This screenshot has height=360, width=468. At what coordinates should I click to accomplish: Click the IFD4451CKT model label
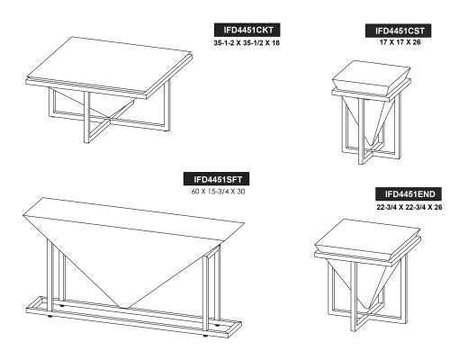click(x=247, y=30)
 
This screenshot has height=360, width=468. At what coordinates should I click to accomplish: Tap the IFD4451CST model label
click(x=398, y=31)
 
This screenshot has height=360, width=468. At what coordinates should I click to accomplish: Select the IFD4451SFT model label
click(x=217, y=179)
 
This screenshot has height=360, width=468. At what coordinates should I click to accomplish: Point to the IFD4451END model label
click(x=409, y=193)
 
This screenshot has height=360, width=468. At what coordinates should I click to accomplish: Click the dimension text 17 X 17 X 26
click(x=400, y=42)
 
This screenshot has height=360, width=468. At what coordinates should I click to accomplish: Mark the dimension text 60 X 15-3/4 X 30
click(x=218, y=191)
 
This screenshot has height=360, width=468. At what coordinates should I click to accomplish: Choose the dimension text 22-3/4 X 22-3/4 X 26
click(x=409, y=207)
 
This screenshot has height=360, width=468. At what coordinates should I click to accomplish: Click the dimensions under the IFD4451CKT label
click(x=247, y=42)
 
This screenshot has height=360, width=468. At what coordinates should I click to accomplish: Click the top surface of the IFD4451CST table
click(x=371, y=74)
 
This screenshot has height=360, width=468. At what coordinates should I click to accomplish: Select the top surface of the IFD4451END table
click(x=368, y=235)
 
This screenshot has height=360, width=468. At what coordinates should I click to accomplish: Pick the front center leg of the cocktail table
click(x=86, y=117)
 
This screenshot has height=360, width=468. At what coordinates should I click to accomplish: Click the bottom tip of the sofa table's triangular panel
click(x=123, y=308)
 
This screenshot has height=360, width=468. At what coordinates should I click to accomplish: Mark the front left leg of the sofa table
click(x=49, y=275)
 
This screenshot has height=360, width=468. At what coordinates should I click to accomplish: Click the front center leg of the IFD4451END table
click(x=354, y=296)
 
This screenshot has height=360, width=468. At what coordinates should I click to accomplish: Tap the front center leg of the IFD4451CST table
click(x=362, y=130)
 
